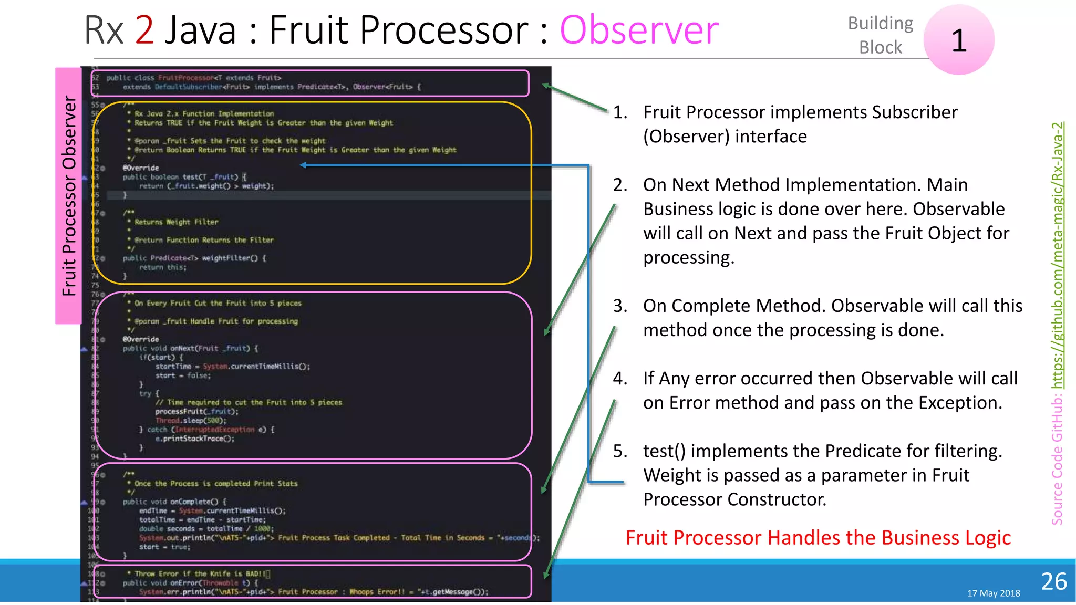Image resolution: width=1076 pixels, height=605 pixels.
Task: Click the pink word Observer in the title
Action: [x=639, y=30]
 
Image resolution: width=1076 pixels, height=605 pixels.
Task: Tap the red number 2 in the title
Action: [x=144, y=30]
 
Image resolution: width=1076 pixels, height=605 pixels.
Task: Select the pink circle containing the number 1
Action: [x=959, y=40]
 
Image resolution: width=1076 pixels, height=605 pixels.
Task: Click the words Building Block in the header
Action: [x=881, y=35]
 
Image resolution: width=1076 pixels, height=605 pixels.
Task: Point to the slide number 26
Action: [x=1054, y=581]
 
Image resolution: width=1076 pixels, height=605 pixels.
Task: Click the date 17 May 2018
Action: [x=994, y=593]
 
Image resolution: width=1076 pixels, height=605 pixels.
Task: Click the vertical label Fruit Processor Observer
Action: [x=69, y=195]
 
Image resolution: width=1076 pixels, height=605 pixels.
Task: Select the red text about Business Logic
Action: [x=818, y=538]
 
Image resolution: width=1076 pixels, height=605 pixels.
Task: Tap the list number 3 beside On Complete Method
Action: [x=620, y=306]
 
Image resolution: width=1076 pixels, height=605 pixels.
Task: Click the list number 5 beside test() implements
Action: [x=620, y=451]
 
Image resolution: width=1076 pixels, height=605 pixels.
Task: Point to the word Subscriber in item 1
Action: [x=914, y=112]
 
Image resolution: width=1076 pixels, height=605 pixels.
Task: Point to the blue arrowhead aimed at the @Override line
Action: [x=303, y=165]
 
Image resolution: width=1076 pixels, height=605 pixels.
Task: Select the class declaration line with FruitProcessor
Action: [x=194, y=78]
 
